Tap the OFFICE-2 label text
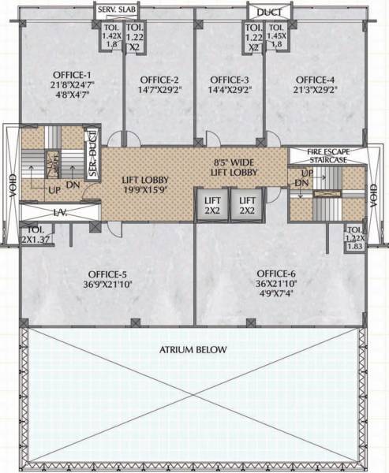[x=160, y=80]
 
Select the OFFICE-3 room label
[x=230, y=80]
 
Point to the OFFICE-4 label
[x=315, y=80]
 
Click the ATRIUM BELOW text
[x=193, y=349]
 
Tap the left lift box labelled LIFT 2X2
[x=211, y=205]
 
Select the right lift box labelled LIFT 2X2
[x=248, y=205]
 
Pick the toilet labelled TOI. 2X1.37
[x=32, y=233]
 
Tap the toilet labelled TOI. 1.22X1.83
[x=353, y=238]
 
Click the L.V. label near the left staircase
[x=39, y=213]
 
